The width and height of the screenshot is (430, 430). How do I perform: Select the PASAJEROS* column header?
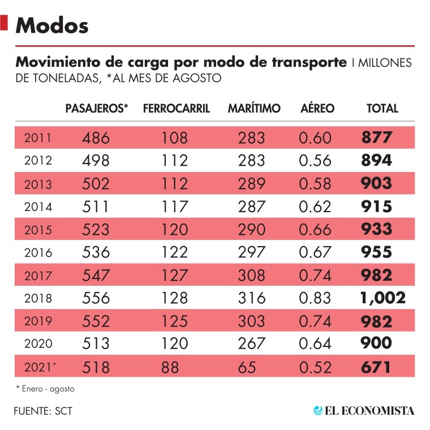click(x=97, y=108)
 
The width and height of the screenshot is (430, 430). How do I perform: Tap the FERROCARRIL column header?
click(x=177, y=108)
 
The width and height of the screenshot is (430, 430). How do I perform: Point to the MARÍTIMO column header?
click(x=254, y=108)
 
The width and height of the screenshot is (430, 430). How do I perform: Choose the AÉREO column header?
click(x=317, y=108)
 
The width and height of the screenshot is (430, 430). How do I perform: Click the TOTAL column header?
click(x=382, y=108)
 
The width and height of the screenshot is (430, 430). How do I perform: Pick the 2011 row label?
click(x=38, y=137)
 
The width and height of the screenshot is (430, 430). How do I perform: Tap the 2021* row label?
click(x=40, y=367)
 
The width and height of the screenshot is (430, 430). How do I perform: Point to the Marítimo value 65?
click(x=254, y=367)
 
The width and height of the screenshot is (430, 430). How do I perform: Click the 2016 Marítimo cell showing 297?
click(x=251, y=252)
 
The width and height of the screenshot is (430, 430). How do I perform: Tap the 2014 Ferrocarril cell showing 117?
click(x=173, y=207)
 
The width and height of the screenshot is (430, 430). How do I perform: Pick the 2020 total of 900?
click(x=376, y=343)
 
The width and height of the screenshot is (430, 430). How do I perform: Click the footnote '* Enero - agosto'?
click(x=45, y=389)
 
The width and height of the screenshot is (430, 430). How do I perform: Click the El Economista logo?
click(x=364, y=410)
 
